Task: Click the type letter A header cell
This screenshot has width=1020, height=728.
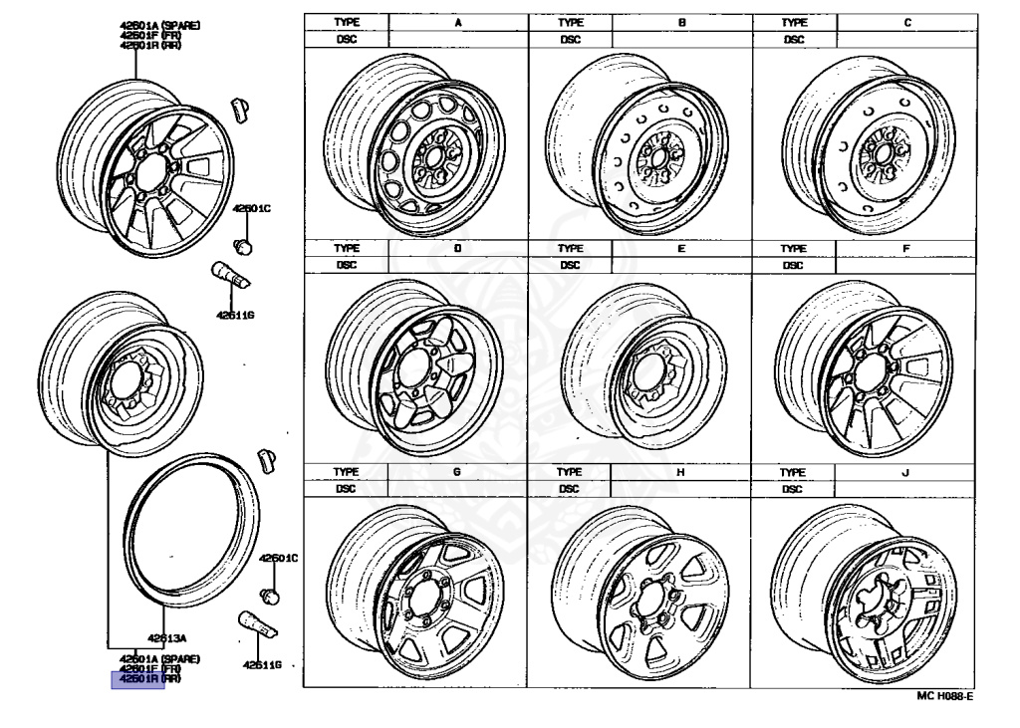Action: (457, 21)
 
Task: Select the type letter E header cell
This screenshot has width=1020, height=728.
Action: (681, 248)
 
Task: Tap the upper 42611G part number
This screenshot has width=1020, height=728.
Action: (234, 315)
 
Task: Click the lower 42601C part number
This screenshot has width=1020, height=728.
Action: (279, 559)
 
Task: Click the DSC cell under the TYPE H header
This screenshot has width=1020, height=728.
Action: (570, 489)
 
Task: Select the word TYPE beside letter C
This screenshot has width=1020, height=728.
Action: (793, 21)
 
